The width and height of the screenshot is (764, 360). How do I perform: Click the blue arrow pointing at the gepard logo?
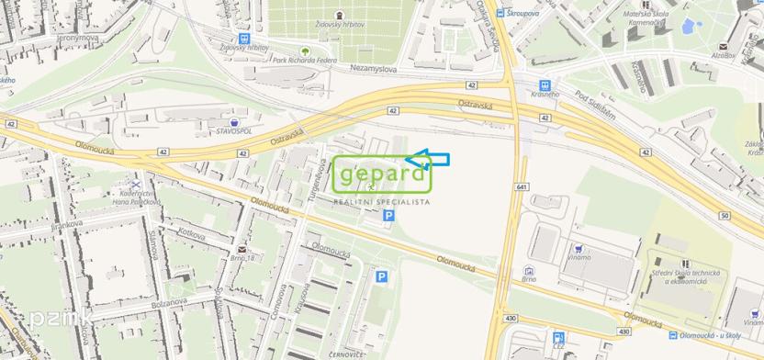pyautogui.click(x=427, y=160)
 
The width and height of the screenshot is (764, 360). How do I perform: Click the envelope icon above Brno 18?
pyautogui.click(x=240, y=249)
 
